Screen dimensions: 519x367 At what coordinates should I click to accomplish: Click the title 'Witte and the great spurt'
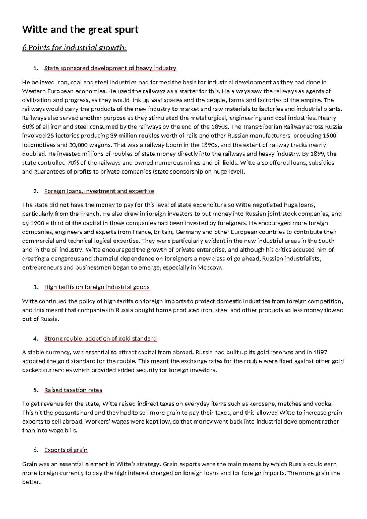80,29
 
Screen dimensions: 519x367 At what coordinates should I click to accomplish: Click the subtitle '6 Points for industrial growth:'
74,48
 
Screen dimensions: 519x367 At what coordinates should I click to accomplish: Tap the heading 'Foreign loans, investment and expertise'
99,191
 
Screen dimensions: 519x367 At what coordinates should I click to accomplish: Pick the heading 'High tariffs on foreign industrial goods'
97,287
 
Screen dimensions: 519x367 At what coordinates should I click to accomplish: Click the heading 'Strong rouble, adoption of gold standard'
100,338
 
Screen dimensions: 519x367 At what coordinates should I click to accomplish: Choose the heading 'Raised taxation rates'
73,390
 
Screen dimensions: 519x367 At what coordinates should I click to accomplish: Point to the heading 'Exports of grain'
66,450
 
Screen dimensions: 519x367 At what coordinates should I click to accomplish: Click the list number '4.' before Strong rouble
36,338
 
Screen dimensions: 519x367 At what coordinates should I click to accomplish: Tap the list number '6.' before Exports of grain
36,450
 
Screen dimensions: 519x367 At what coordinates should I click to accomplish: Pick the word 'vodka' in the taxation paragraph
324,404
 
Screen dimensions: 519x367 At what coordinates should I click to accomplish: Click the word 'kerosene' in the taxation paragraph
264,404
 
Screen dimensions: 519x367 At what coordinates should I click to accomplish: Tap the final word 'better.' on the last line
31,482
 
